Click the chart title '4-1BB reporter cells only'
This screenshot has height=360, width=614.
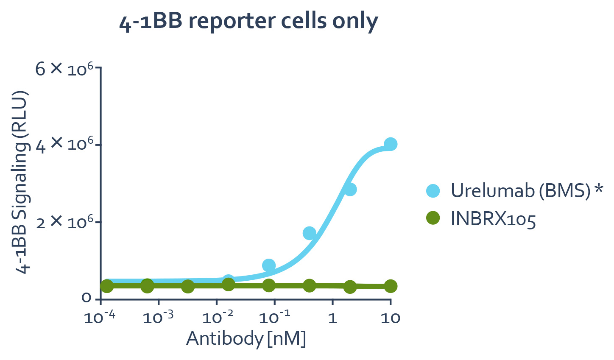(x=248, y=21)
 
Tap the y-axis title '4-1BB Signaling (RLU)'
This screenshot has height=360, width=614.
(x=22, y=182)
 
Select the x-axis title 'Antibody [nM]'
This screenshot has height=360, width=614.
(x=246, y=338)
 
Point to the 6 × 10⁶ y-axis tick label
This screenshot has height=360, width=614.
(x=64, y=68)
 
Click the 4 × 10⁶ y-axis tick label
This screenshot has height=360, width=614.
(x=64, y=145)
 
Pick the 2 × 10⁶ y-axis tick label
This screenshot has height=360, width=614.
(x=64, y=223)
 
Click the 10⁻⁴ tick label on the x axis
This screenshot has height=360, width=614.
(x=100, y=317)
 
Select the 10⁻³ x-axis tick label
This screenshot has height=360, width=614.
(x=158, y=317)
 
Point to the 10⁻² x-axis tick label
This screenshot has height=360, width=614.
(x=216, y=317)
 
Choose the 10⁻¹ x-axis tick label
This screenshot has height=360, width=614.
(x=274, y=317)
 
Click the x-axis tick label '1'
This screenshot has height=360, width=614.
(x=332, y=318)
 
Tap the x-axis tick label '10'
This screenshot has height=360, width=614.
(x=390, y=318)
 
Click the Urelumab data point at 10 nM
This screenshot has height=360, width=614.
(x=391, y=144)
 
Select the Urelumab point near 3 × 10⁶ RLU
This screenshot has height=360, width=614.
(x=350, y=189)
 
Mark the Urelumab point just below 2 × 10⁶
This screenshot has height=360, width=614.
(x=310, y=233)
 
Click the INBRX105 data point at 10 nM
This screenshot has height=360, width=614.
(x=391, y=286)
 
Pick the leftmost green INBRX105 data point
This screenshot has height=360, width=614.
(x=107, y=286)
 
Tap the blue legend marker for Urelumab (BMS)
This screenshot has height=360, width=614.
(x=433, y=191)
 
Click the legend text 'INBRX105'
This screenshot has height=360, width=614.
(x=493, y=219)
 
